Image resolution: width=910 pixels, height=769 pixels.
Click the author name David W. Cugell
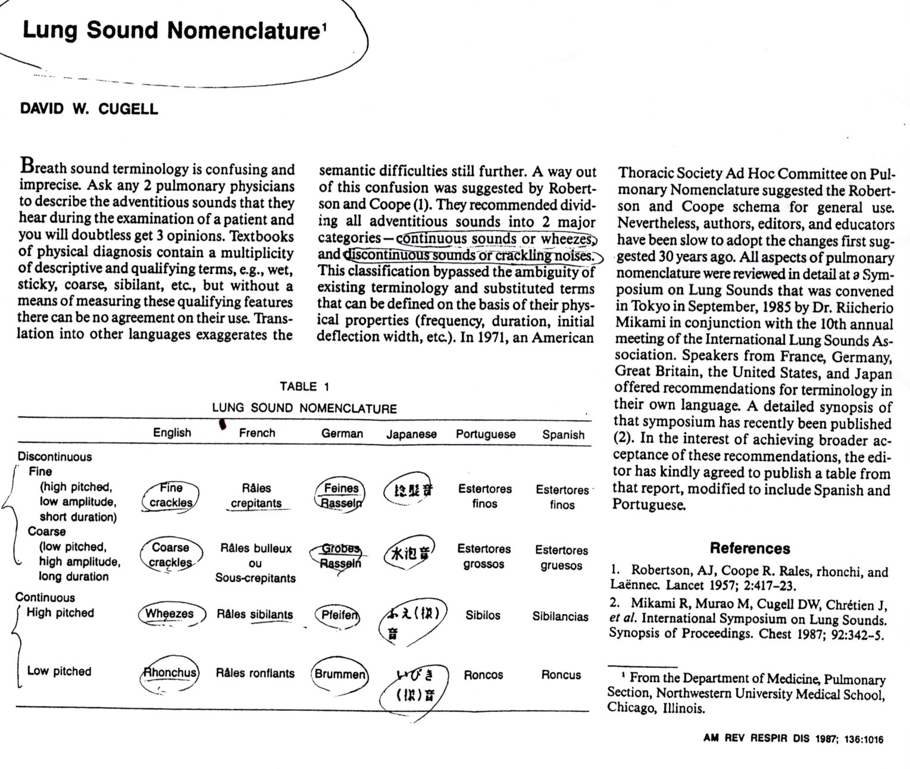point(89,109)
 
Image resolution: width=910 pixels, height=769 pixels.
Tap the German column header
point(342,434)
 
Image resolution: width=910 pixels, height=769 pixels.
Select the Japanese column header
point(411,434)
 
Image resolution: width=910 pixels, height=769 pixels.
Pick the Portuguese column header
point(486,434)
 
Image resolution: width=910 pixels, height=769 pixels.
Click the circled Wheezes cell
point(170,614)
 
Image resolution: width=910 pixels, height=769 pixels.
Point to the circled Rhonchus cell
point(169,673)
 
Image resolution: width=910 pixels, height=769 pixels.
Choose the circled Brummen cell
point(340,674)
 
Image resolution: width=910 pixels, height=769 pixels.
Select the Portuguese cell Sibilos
point(483,615)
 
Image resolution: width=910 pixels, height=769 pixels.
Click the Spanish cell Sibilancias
point(560,616)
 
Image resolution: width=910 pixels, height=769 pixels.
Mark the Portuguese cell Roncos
point(483,675)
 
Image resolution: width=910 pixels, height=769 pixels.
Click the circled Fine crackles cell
point(171,495)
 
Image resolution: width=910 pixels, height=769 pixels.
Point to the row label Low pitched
point(59,671)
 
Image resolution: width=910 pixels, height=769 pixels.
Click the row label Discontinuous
point(55,457)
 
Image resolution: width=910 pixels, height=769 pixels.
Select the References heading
point(750,548)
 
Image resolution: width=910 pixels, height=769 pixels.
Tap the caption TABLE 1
point(304,386)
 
